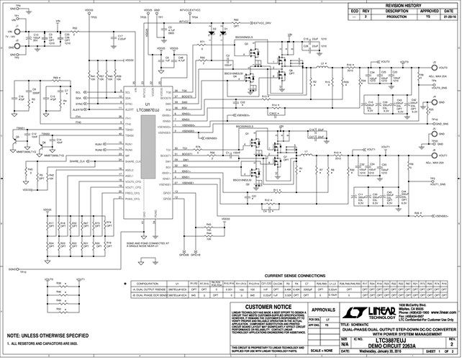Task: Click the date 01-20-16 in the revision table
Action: [447, 17]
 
